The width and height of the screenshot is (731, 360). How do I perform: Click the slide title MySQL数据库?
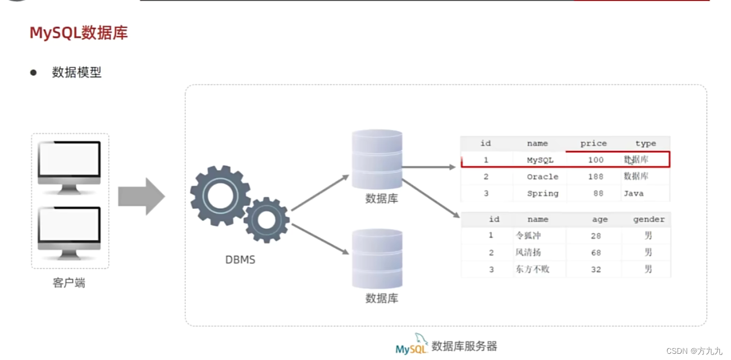[79, 33]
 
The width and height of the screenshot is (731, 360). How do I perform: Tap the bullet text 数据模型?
[77, 72]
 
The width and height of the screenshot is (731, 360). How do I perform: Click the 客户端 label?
[69, 283]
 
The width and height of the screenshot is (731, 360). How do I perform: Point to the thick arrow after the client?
[141, 197]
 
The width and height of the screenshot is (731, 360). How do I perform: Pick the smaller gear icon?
[266, 220]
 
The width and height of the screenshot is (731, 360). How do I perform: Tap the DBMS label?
[240, 260]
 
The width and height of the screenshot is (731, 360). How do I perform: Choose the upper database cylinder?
[377, 160]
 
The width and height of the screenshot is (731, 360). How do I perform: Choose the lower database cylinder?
[377, 259]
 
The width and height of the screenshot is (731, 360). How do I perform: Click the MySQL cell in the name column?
[540, 160]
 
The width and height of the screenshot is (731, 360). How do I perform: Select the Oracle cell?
[542, 176]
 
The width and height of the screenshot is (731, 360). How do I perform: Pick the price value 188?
[596, 176]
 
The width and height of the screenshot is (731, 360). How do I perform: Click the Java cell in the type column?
[633, 193]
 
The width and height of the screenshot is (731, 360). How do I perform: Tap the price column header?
[593, 144]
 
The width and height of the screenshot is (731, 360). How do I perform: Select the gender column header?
[648, 220]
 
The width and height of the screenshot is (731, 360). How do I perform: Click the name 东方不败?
[532, 270]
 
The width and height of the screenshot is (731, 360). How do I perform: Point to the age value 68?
[596, 253]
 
